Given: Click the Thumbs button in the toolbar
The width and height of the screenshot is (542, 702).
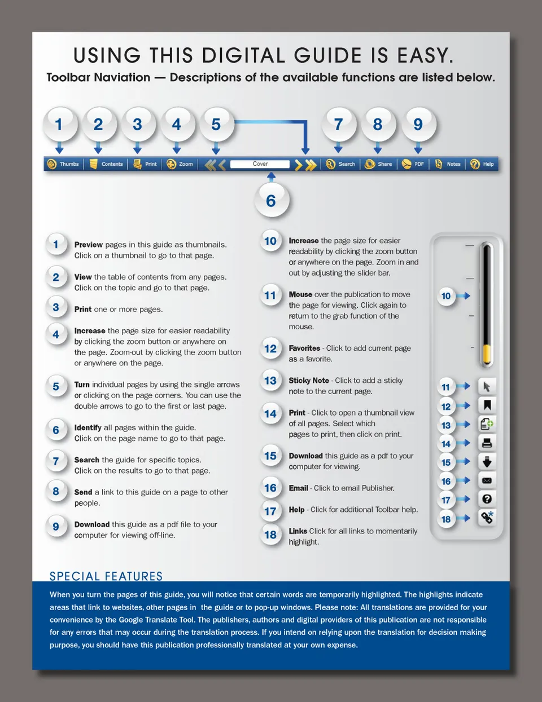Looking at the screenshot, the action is coord(63,164).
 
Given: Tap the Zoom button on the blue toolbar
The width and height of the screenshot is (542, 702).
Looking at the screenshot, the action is coord(180,164).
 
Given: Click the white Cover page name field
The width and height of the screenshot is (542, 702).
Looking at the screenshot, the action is coord(260,164).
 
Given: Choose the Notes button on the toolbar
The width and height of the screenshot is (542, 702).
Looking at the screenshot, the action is coord(448,164).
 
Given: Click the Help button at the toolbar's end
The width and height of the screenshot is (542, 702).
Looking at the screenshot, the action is coord(482,164).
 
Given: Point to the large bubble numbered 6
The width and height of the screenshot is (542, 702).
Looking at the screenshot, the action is coord(272,201).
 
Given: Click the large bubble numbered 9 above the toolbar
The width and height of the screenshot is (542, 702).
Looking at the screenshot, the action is coord(418,125).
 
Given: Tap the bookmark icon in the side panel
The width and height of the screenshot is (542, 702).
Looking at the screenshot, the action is coord(487,405).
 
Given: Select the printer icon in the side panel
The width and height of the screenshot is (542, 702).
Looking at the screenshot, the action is coord(487,443).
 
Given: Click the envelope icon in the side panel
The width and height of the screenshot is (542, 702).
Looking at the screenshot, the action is coord(487,480).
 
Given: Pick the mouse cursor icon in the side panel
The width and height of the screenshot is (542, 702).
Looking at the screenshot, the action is coord(487,386).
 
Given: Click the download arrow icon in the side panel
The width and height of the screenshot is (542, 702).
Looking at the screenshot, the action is coord(487,462).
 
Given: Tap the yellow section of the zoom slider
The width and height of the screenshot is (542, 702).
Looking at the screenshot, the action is coord(487,355).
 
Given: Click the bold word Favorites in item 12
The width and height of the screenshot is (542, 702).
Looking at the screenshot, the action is coord(304,348).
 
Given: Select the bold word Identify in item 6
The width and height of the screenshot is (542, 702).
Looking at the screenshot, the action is coord(88,428).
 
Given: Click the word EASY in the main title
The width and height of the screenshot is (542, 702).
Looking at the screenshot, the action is coord(425,55).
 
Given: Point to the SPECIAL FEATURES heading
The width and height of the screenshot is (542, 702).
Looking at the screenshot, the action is coord(106,576).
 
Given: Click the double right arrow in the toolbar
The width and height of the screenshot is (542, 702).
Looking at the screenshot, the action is coord(311,165).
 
